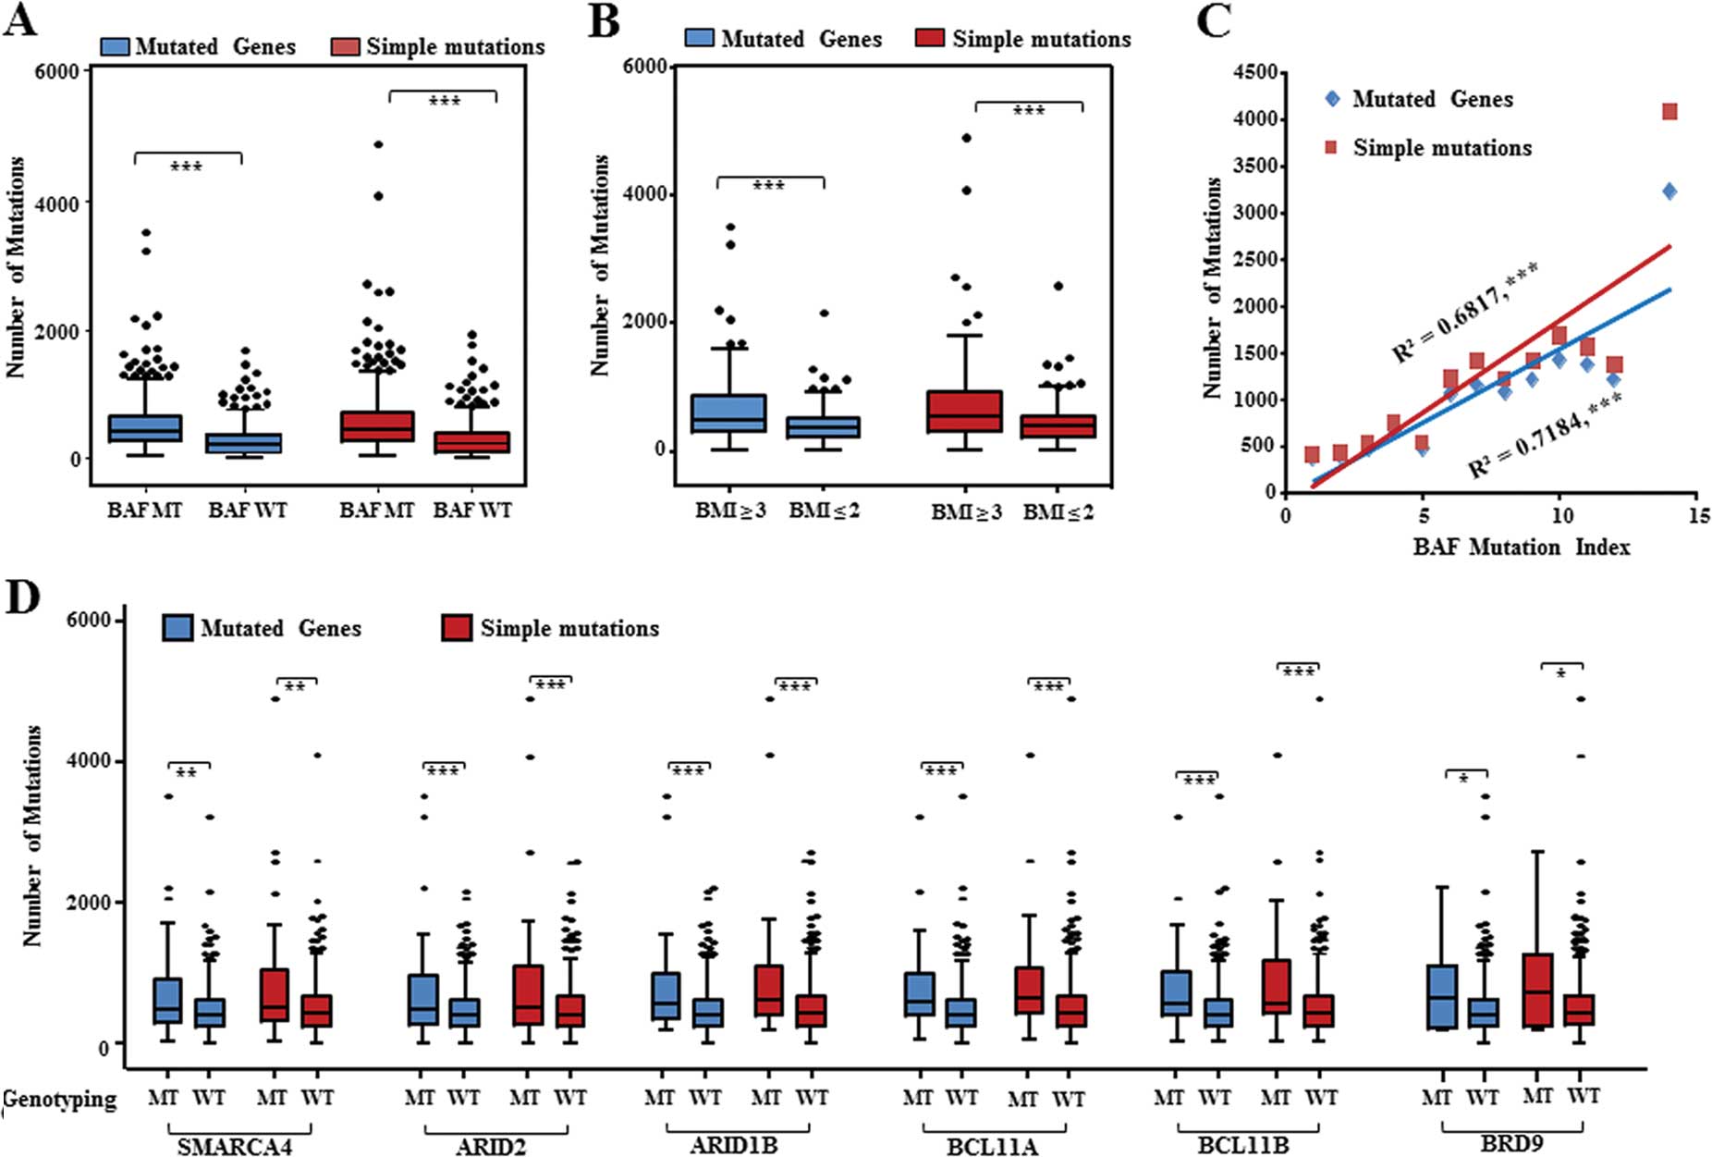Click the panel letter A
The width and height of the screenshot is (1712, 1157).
pos(20,20)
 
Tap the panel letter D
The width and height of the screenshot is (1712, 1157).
pos(22,597)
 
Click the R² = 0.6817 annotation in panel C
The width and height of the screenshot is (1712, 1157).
pos(1465,312)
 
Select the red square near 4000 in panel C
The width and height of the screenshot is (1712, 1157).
pos(1669,112)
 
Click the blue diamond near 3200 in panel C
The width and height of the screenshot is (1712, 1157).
pos(1669,191)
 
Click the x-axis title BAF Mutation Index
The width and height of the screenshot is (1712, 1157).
pos(1522,547)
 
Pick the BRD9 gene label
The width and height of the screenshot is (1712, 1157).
pos(1511,1143)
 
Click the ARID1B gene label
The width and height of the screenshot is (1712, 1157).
pos(734,1145)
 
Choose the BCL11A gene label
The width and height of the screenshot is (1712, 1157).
pos(992,1147)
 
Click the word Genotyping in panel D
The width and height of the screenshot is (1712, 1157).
pos(60,1099)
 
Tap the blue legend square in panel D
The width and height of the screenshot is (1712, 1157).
pos(177,628)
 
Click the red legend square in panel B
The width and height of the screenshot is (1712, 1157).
pos(929,39)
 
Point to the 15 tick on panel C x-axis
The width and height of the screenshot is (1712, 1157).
pos(1697,515)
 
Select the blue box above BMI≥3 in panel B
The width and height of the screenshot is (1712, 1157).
pos(729,413)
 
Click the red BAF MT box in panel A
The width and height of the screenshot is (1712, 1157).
pos(377,426)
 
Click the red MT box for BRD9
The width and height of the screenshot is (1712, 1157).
pos(1536,991)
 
